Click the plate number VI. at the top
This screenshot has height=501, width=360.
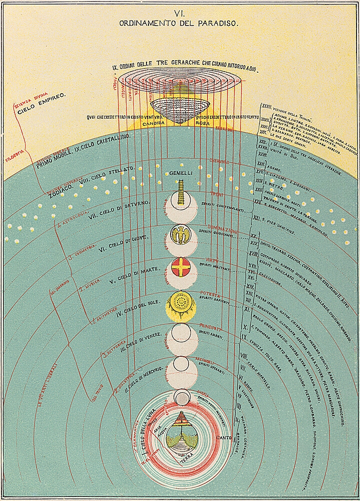click(x=180, y=14)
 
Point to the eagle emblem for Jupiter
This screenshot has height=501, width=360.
click(x=181, y=233)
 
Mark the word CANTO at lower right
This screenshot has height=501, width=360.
click(x=222, y=437)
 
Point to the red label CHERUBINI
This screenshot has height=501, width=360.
click(x=219, y=162)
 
